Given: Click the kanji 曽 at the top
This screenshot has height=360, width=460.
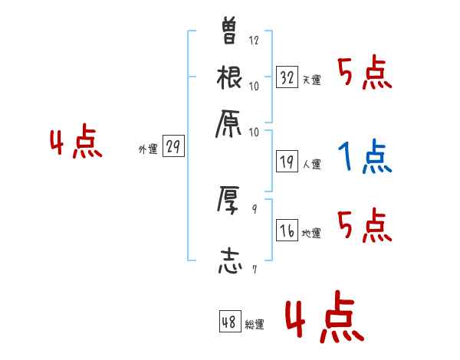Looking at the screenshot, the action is pyautogui.click(x=230, y=31).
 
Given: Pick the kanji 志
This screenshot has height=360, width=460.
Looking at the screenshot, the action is pyautogui.click(x=230, y=259).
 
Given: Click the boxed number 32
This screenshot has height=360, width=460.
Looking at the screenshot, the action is pyautogui.click(x=287, y=77).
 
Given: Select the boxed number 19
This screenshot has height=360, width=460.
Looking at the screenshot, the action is pyautogui.click(x=287, y=162).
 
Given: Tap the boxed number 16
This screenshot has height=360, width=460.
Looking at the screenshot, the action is pyautogui.click(x=287, y=231).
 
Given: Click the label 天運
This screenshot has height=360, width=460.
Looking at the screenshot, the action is pyautogui.click(x=312, y=80).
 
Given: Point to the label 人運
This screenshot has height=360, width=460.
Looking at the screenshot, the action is pyautogui.click(x=312, y=164).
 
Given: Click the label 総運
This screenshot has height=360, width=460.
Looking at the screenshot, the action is pyautogui.click(x=255, y=325).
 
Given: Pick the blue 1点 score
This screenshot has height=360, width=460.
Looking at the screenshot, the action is pyautogui.click(x=365, y=157).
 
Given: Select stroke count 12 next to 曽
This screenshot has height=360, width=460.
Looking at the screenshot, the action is pyautogui.click(x=255, y=40).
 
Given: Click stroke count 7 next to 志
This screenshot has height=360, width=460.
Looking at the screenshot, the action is pyautogui.click(x=254, y=270).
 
